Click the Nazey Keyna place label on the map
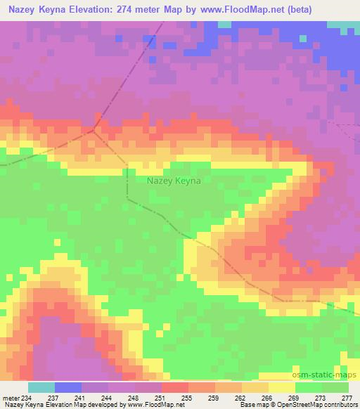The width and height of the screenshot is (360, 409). point(174,181)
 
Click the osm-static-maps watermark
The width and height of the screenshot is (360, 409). point(324,375)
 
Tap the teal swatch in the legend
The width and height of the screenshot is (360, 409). point(41,387)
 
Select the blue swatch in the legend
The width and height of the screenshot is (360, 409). point(68,387)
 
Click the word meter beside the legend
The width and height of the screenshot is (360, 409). point(12,397)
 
